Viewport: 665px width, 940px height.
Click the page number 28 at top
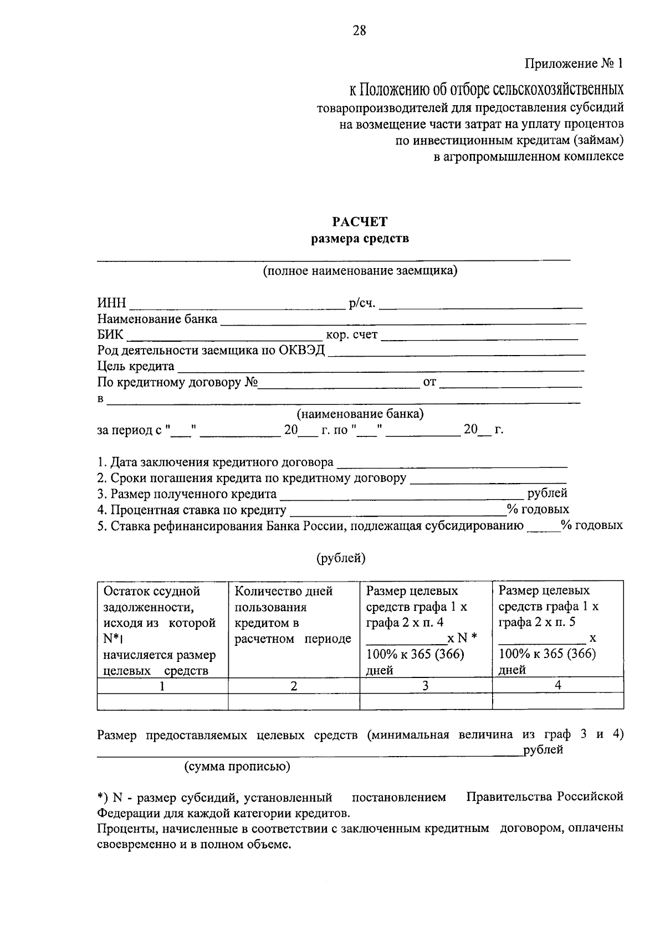pyautogui.click(x=359, y=30)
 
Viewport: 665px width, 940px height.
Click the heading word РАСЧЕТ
pyautogui.click(x=360, y=222)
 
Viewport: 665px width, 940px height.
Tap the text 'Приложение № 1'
pyautogui.click(x=574, y=64)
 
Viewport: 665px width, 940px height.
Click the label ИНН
pyautogui.click(x=111, y=304)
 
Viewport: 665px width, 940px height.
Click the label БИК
pyautogui.click(x=110, y=335)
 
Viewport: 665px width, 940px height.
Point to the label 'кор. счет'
pyautogui.click(x=351, y=335)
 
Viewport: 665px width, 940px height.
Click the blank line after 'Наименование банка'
pyautogui.click(x=403, y=321)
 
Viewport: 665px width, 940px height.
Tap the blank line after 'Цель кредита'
pyautogui.click(x=380, y=368)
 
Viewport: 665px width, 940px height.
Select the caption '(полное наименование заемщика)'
pyautogui.click(x=360, y=271)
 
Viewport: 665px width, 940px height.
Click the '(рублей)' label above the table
pyautogui.click(x=341, y=558)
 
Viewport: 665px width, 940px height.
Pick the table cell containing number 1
pyautogui.click(x=162, y=686)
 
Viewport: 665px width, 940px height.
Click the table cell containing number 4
pyautogui.click(x=557, y=686)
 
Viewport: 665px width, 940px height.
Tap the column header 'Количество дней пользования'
pyautogui.click(x=284, y=599)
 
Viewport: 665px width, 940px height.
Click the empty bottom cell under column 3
pyautogui.click(x=426, y=701)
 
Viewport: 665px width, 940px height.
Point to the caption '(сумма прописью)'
pyautogui.click(x=237, y=767)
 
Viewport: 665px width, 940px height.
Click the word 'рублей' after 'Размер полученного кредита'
pyautogui.click(x=548, y=493)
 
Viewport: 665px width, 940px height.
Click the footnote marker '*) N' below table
pyautogui.click(x=109, y=798)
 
